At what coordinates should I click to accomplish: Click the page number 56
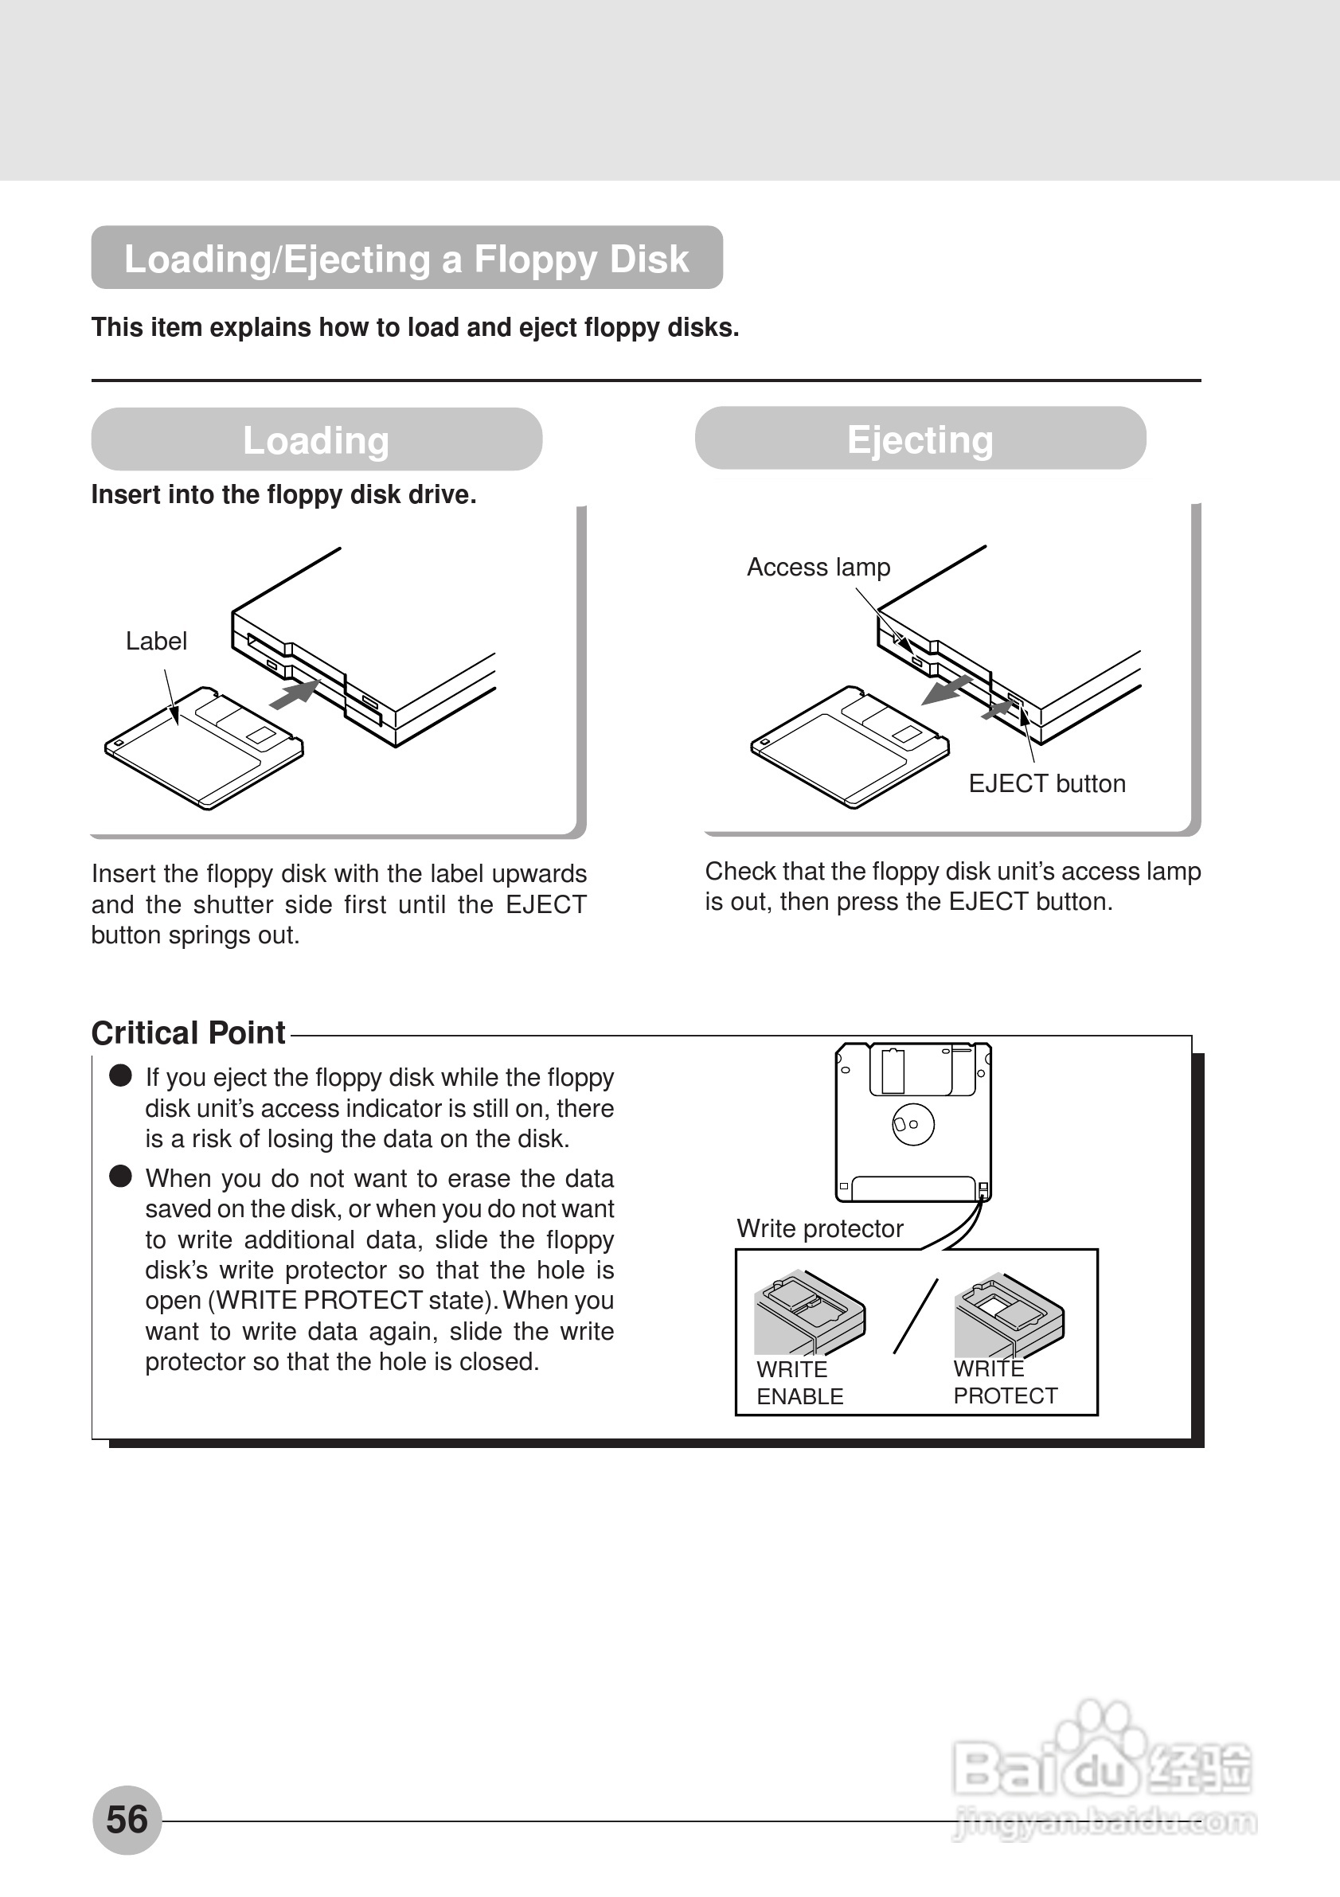pyautogui.click(x=127, y=1819)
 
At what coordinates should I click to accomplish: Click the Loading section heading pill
pyautogui.click(x=316, y=439)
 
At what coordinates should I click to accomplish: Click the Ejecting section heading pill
pyautogui.click(x=920, y=439)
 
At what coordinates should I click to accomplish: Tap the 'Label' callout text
pyautogui.click(x=156, y=641)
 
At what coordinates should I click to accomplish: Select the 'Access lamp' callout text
pyautogui.click(x=818, y=568)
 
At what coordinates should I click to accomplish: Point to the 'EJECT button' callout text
pyautogui.click(x=1046, y=783)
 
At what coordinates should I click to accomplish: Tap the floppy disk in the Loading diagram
pyautogui.click(x=203, y=748)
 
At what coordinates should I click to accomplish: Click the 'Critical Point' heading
pyautogui.click(x=189, y=1032)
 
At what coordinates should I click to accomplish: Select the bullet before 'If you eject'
pyautogui.click(x=120, y=1075)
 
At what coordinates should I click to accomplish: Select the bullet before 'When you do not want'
pyautogui.click(x=120, y=1176)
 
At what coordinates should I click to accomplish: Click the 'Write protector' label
pyautogui.click(x=819, y=1228)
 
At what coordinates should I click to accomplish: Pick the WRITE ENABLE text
pyautogui.click(x=799, y=1382)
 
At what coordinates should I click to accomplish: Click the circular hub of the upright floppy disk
pyautogui.click(x=913, y=1124)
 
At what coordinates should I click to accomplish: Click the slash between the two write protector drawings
pyautogui.click(x=916, y=1316)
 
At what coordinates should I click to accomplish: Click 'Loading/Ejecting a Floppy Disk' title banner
pyautogui.click(x=407, y=258)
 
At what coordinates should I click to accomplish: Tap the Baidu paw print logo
pyautogui.click(x=1104, y=1760)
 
